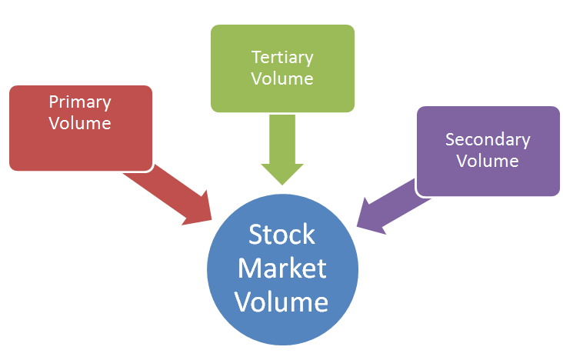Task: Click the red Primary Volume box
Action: coord(81,128)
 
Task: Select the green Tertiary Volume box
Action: coord(282,68)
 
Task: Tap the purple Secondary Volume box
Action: coord(488,151)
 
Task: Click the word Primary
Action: coord(80,102)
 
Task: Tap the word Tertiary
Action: coord(282,57)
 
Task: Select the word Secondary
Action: coord(488,140)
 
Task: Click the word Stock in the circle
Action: coord(282,233)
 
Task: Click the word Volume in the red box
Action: coord(80,122)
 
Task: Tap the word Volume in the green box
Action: coord(282,78)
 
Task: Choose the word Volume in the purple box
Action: coord(488,161)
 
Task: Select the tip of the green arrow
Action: coord(282,184)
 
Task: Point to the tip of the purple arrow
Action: coord(358,228)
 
